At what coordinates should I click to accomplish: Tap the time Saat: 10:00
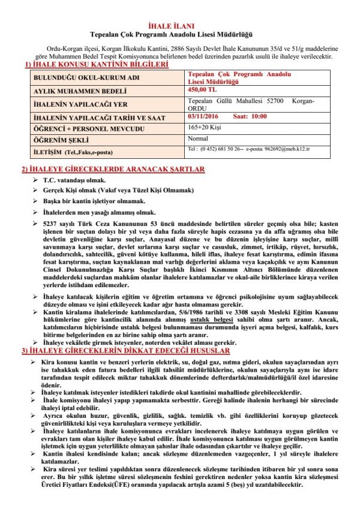point(251,116)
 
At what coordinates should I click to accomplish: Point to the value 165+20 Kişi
point(203,127)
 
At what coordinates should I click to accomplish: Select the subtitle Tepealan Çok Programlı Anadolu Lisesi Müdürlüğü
point(180,35)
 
